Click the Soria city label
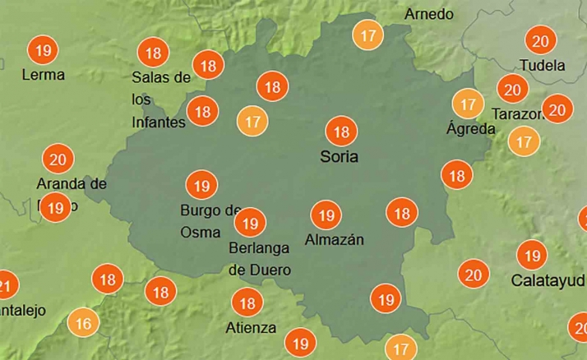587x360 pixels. pyautogui.click(x=340, y=155)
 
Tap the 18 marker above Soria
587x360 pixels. pyautogui.click(x=340, y=132)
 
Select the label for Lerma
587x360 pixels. pyautogui.click(x=44, y=75)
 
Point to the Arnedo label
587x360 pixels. pyautogui.click(x=428, y=14)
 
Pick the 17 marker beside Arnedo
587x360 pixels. pyautogui.click(x=368, y=36)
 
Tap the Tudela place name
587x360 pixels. pyautogui.click(x=543, y=65)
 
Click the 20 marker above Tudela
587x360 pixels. pyautogui.click(x=541, y=41)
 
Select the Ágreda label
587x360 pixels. pyautogui.click(x=470, y=128)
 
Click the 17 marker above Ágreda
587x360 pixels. pyautogui.click(x=468, y=104)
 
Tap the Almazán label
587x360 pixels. pyautogui.click(x=334, y=239)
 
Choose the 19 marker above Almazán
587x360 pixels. pyautogui.click(x=326, y=215)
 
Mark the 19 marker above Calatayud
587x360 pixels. pyautogui.click(x=533, y=255)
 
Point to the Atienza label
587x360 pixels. pyautogui.click(x=251, y=328)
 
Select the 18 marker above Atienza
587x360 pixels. pyautogui.click(x=245, y=303)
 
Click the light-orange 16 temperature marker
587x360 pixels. pyautogui.click(x=83, y=323)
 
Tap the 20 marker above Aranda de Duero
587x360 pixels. pyautogui.click(x=58, y=159)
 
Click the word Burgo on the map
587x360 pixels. pyautogui.click(x=200, y=210)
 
